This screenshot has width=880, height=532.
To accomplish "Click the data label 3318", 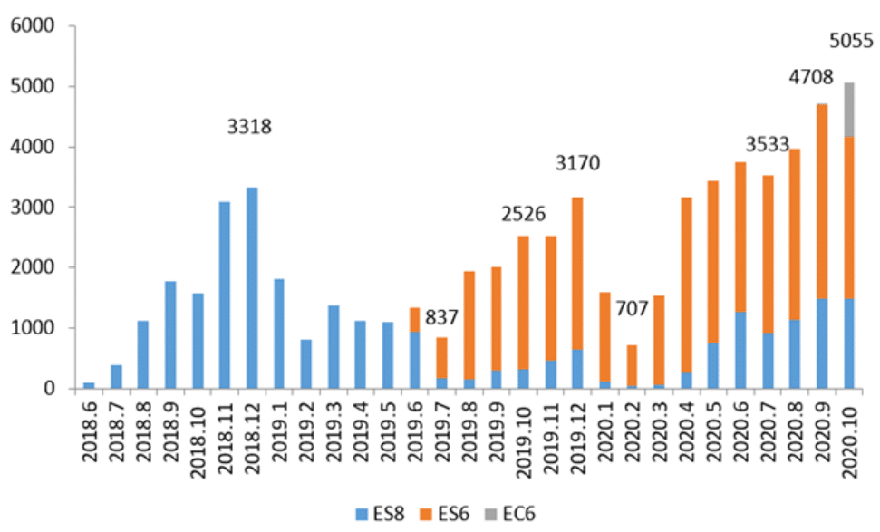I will coord(249,126).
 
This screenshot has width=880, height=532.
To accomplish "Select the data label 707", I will coord(632,308).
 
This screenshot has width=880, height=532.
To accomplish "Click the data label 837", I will coord(443,318).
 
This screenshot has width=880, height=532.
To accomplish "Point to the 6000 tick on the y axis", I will coord(33,25).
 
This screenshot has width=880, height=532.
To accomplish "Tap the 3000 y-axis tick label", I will coord(33,208).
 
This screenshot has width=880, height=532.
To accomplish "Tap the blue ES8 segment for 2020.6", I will coord(768,350).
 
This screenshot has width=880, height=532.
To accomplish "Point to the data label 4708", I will coord(810,78).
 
